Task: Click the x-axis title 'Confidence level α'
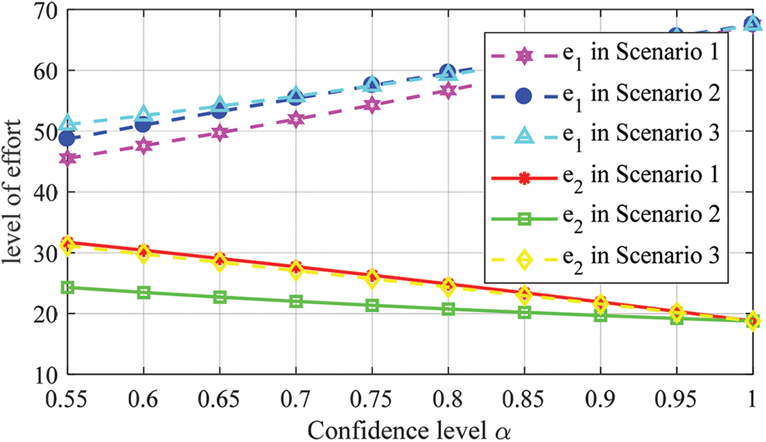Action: (x=410, y=427)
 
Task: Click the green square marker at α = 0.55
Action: (x=67, y=287)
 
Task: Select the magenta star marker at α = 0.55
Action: (x=67, y=158)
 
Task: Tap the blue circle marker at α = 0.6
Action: (x=143, y=124)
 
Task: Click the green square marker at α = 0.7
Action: (x=296, y=301)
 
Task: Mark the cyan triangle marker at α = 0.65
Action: (x=220, y=105)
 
